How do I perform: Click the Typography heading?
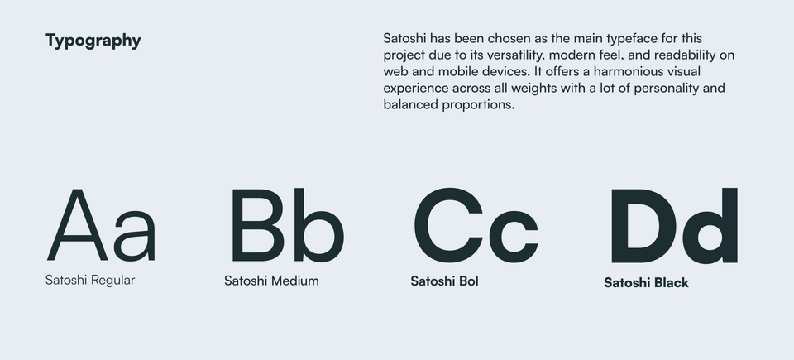(x=93, y=41)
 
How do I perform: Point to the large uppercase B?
(x=257, y=225)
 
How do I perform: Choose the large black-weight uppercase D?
(x=644, y=225)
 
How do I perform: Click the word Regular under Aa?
(x=112, y=281)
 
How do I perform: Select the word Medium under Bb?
(x=294, y=281)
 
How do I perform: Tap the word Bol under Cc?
(x=469, y=281)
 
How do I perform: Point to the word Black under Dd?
(x=671, y=283)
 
